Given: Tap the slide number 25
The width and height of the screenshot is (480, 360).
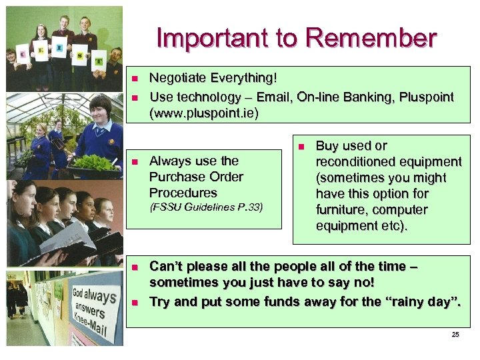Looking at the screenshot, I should [x=455, y=334].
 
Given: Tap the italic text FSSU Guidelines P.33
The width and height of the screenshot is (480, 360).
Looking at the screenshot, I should [x=206, y=207].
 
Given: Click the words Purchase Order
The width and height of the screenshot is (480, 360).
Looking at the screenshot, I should [x=196, y=177].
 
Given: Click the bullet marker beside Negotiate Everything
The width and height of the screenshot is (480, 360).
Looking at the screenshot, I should [x=134, y=79].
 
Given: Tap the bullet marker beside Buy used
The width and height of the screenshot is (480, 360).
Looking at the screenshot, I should [x=301, y=146].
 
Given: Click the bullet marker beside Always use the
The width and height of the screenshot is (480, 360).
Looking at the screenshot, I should [x=134, y=161].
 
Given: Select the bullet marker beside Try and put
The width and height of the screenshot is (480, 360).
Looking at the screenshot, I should [x=134, y=302].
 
